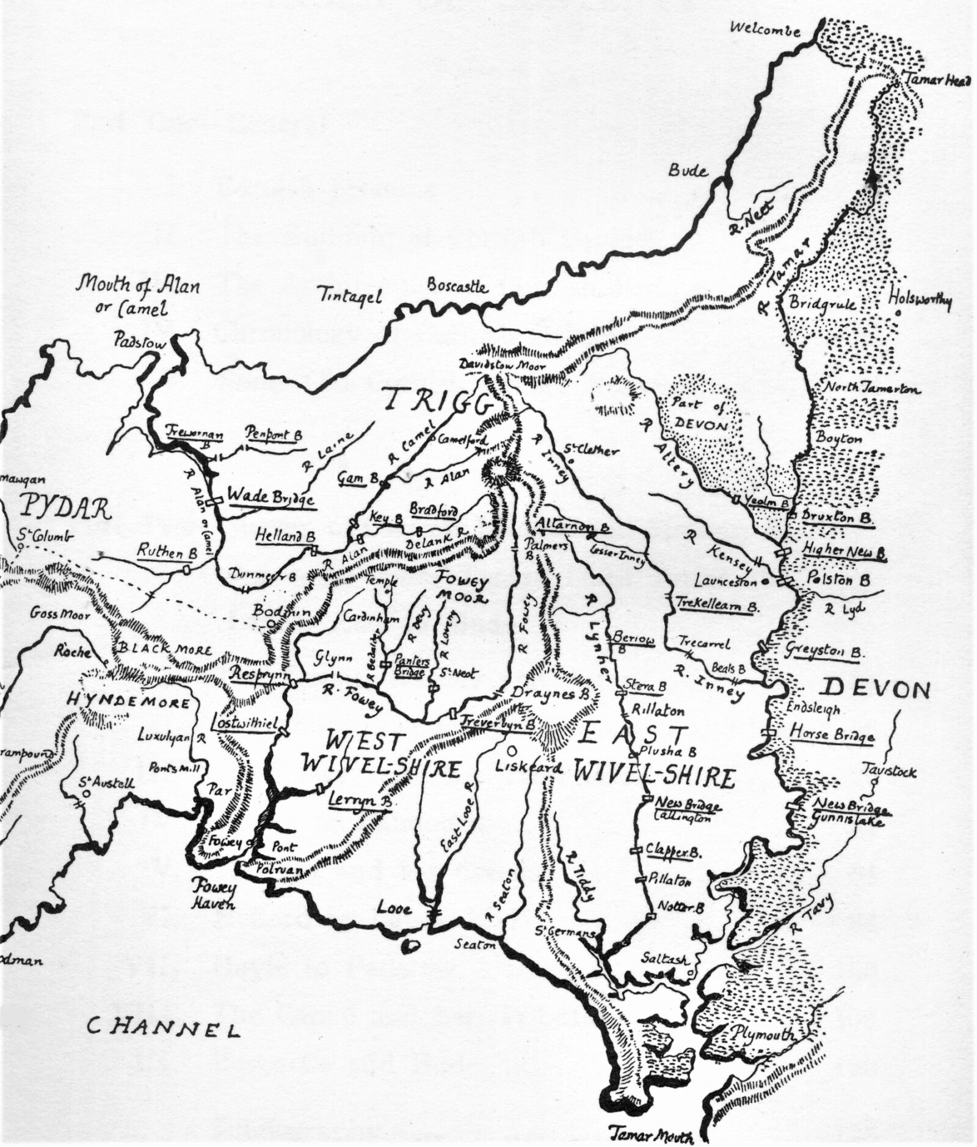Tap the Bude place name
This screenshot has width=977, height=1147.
tap(688, 170)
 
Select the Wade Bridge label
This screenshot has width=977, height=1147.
tap(271, 497)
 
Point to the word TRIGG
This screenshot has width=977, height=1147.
tap(438, 401)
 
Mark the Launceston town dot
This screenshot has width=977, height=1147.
tap(765, 582)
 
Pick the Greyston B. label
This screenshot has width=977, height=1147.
tap(824, 651)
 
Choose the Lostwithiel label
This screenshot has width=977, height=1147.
tap(240, 722)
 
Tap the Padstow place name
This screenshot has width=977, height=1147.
tap(139, 343)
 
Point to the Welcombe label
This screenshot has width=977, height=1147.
tap(765, 29)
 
